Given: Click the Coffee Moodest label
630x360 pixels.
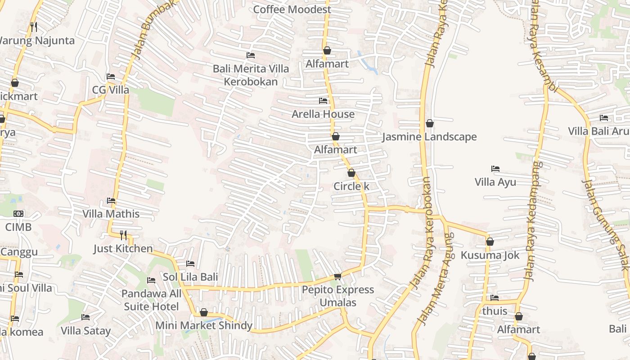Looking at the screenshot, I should [x=292, y=9].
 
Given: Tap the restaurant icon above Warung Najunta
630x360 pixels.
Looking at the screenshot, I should [x=34, y=27].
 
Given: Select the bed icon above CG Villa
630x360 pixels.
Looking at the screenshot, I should [x=111, y=76].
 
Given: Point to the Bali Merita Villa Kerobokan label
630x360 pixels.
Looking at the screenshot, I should [x=251, y=75].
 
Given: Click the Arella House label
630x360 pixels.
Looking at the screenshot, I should [x=323, y=114].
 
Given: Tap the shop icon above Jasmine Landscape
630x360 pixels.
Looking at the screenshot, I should [x=430, y=123].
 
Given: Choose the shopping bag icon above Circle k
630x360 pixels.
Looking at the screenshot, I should [x=351, y=173].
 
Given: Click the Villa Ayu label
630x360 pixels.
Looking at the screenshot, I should [x=495, y=182].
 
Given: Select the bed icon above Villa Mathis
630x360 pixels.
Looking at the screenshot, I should [x=111, y=201].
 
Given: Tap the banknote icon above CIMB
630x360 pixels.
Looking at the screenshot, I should [x=18, y=214].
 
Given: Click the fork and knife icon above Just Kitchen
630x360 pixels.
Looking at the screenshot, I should [x=123, y=235].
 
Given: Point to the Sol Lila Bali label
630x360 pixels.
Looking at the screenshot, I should [x=190, y=277].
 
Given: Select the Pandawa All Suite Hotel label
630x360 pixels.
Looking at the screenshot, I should [x=151, y=300].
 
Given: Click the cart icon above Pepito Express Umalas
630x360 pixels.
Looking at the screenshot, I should [x=337, y=276].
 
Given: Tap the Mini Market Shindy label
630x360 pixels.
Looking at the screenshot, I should [x=204, y=325].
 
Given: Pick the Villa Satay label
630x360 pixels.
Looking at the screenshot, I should [x=85, y=331].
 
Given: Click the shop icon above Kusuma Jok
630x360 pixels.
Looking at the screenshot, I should [x=490, y=242].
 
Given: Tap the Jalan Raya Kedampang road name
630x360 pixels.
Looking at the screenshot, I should [x=534, y=220].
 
